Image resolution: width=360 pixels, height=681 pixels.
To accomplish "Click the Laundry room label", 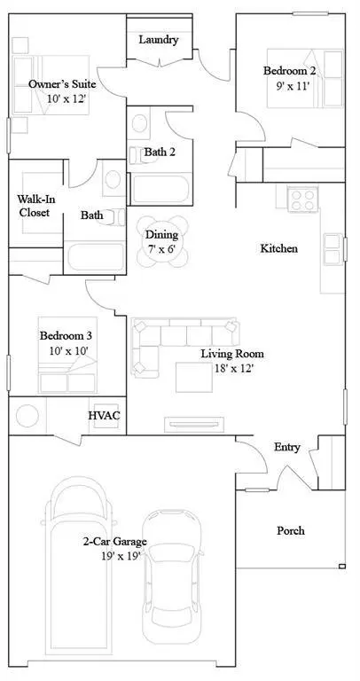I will tap(160, 40).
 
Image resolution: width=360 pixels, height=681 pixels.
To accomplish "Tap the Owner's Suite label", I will tap(61, 83).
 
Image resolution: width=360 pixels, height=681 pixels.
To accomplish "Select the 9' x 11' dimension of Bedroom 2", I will tap(289, 88).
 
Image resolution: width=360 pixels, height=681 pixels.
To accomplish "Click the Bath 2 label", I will tap(160, 152).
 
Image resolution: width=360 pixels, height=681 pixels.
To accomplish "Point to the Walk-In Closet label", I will tap(35, 206).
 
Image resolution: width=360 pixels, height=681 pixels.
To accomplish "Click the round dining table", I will tap(162, 236).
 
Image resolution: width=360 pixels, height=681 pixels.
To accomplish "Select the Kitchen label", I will tap(278, 249).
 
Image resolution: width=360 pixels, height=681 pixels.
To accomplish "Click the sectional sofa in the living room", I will tap(177, 337).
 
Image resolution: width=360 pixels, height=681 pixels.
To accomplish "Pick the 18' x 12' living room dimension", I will tap(231, 367).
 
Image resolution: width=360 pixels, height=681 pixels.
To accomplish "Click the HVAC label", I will tap(103, 415).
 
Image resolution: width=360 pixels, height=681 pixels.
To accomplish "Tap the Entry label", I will tap(286, 447).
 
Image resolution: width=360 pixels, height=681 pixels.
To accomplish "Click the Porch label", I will tap(290, 530).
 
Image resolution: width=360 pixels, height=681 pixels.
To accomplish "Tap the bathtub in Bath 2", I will tap(160, 188).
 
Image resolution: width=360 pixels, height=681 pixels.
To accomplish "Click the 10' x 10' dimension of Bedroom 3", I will tap(66, 351).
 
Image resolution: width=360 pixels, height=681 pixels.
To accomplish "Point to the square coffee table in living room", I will tap(193, 377).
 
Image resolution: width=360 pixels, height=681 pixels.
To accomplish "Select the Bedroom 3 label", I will tap(66, 336).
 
